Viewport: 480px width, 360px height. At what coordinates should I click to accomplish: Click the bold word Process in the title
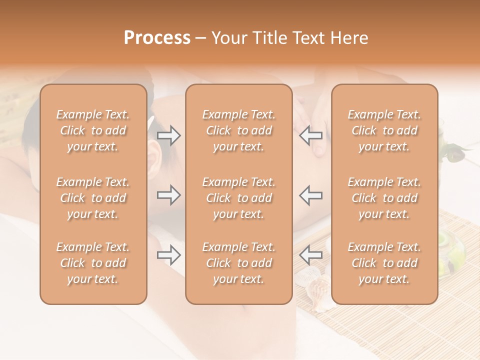[x=157, y=38]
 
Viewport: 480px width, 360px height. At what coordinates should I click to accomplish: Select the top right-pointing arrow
[x=169, y=135]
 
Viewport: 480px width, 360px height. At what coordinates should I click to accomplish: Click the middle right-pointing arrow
[x=169, y=195]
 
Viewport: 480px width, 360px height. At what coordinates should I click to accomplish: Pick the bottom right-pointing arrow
[x=169, y=255]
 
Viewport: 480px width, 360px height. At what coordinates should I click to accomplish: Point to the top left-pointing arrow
[x=311, y=135]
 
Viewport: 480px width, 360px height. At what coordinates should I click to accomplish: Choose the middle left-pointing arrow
[x=311, y=195]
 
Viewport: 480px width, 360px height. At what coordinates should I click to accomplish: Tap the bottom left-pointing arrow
[x=311, y=255]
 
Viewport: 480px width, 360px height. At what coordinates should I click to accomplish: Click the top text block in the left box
[x=93, y=130]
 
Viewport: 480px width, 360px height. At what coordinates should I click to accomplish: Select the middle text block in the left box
[x=93, y=198]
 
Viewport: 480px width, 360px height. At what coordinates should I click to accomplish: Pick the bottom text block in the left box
[x=93, y=263]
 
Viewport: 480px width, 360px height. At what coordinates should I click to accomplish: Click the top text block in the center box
[x=239, y=130]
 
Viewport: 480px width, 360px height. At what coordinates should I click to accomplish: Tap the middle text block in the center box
[x=239, y=198]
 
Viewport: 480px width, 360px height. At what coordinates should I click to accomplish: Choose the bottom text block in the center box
[x=239, y=263]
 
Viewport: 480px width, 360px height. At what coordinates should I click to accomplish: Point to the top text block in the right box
[x=384, y=130]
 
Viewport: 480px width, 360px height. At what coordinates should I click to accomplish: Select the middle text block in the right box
[x=384, y=198]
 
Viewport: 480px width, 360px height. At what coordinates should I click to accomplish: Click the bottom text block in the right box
[x=384, y=263]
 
